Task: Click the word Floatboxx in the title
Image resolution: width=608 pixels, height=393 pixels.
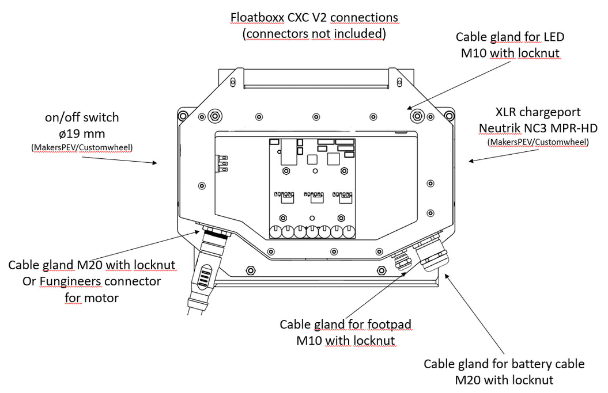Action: coord(257,17)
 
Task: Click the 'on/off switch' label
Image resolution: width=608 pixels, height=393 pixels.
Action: coord(82,117)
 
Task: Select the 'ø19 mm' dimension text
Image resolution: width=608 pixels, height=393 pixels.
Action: coord(82,133)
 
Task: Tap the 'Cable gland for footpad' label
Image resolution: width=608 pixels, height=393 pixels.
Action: coord(346,325)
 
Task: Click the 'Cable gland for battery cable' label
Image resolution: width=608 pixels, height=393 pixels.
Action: coord(504,364)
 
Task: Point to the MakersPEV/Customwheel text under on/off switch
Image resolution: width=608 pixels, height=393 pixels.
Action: coord(82,148)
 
